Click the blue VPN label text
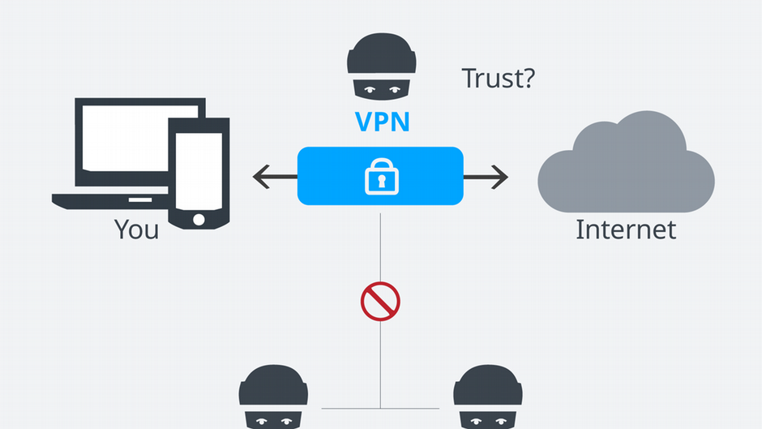(382, 122)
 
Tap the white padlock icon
(379, 177)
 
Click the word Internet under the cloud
(625, 230)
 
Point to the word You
(136, 230)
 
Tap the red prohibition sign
(380, 301)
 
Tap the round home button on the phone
(199, 219)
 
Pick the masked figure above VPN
(380, 70)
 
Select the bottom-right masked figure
(486, 397)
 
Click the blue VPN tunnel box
(422, 176)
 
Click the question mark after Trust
(528, 79)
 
